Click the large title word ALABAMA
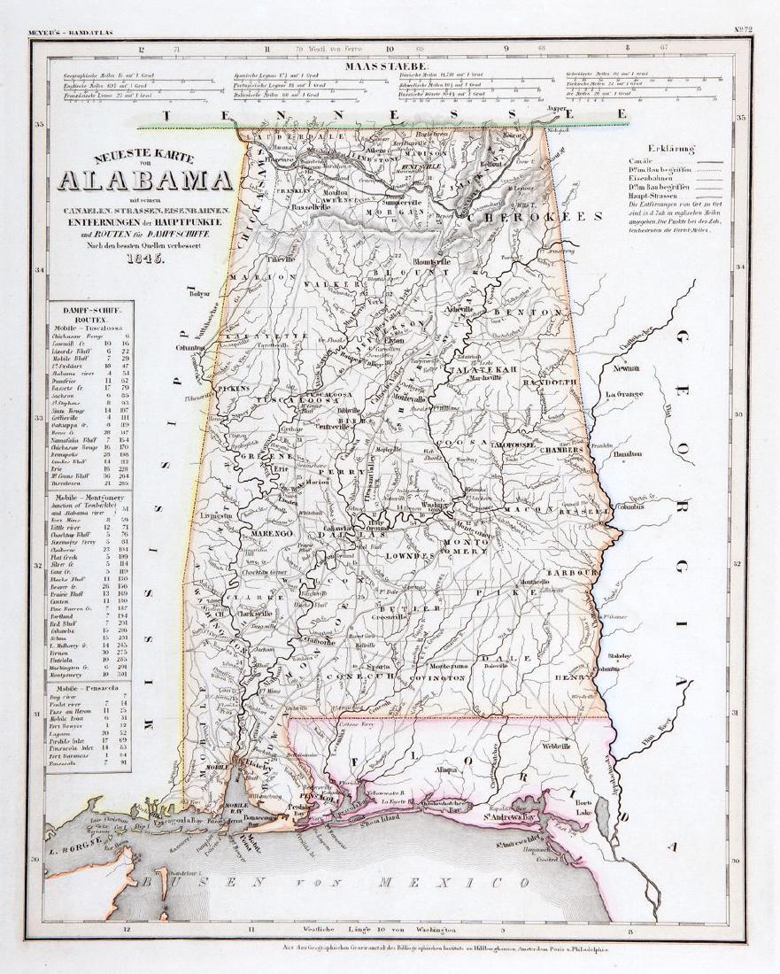coord(145,180)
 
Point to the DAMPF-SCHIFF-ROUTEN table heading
coord(86,310)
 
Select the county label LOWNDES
coord(413,553)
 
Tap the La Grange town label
coord(624,394)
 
